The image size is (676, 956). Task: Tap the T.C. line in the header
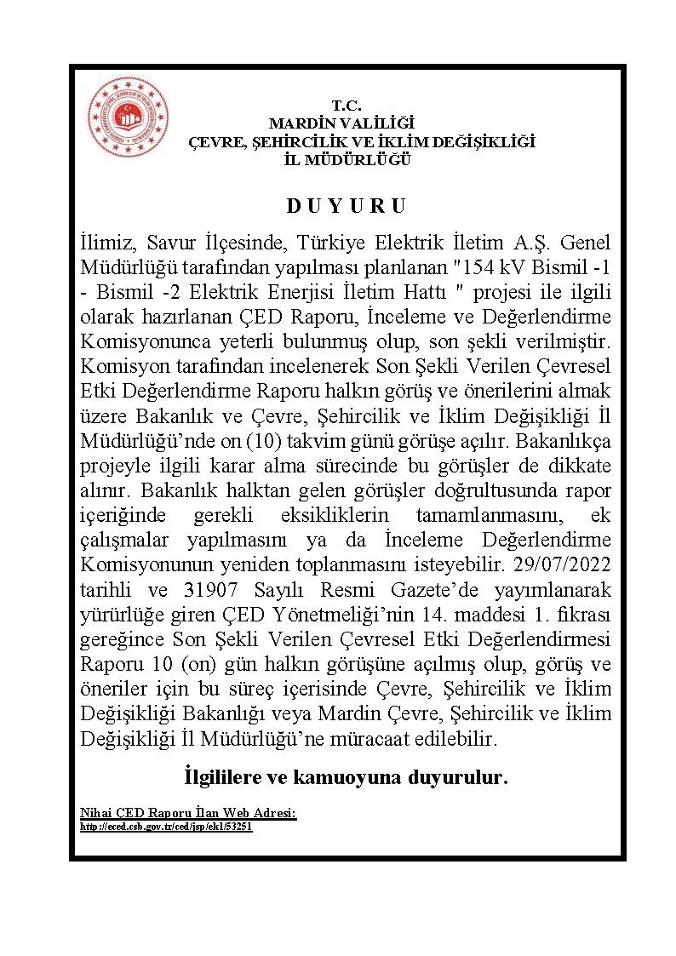[347, 106]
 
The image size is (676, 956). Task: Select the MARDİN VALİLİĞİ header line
[341, 124]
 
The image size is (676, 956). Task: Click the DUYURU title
[346, 206]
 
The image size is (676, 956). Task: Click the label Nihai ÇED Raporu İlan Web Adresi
[187, 813]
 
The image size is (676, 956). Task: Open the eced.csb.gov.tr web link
[166, 826]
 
